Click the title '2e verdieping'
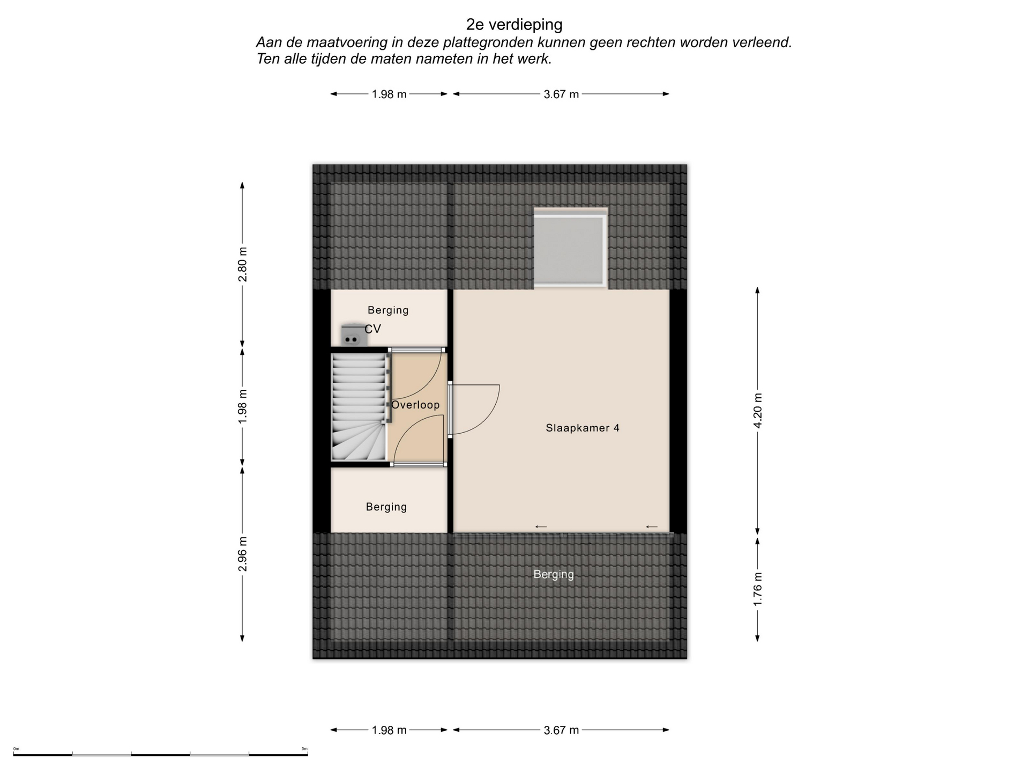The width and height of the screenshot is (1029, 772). [514, 25]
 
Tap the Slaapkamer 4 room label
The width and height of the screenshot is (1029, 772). [583, 428]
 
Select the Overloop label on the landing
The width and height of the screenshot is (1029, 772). [415, 405]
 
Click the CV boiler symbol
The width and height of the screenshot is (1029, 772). [352, 335]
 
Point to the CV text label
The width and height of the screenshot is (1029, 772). [373, 329]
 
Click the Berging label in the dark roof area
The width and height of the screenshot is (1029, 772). [554, 575]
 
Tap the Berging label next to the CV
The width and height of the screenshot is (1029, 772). [388, 310]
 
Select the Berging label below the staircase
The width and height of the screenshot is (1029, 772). [386, 507]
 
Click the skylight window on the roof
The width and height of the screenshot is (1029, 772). [571, 248]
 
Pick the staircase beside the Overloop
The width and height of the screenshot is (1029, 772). [359, 406]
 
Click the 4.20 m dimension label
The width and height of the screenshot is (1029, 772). [758, 411]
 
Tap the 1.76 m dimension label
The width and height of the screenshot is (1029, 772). [758, 590]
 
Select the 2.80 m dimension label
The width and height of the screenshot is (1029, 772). [243, 264]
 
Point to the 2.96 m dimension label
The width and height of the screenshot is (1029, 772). [243, 554]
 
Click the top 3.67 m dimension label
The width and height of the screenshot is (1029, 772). [561, 94]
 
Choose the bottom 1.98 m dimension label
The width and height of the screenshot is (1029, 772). [389, 730]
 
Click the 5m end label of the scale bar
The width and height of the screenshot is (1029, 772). [304, 749]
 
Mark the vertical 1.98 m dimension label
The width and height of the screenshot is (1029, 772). [243, 406]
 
